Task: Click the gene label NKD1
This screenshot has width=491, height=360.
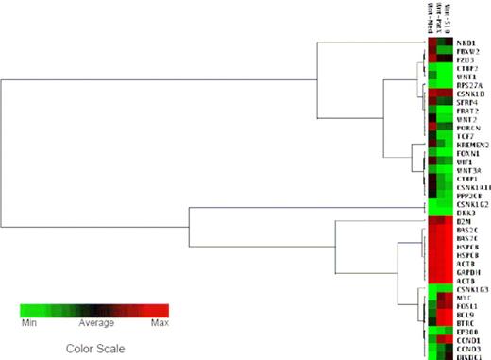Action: [464, 43]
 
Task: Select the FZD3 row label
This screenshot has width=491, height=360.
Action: [464, 60]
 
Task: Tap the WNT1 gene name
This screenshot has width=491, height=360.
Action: [464, 77]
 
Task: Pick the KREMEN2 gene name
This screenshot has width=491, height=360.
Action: [469, 145]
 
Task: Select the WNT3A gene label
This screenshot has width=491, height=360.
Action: [466, 170]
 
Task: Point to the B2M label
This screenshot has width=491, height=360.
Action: [462, 221]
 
